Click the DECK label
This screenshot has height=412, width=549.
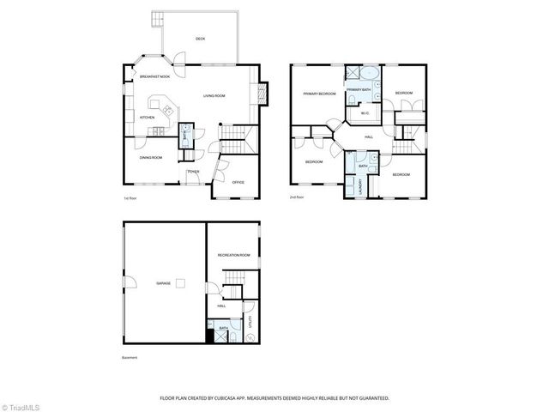click(x=200, y=39)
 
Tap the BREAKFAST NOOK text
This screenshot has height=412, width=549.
click(x=154, y=77)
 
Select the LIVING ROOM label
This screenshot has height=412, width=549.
click(x=214, y=95)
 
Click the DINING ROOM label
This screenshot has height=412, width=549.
click(x=151, y=157)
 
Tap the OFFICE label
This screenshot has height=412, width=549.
click(x=238, y=182)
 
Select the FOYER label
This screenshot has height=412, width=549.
click(x=194, y=172)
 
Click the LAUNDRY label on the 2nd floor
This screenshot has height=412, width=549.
click(x=360, y=184)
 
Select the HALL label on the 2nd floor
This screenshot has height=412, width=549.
click(x=368, y=136)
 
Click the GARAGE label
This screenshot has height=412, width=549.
click(x=163, y=282)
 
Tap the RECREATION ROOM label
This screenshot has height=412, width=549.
click(x=233, y=255)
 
